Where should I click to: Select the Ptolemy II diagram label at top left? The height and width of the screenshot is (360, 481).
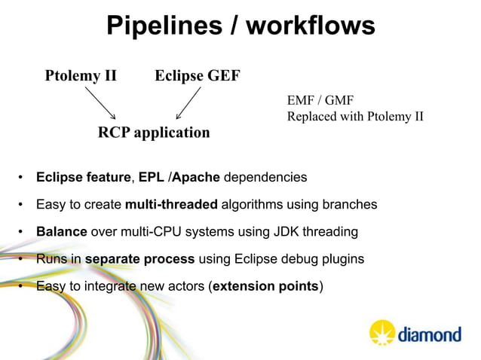pyautogui.click(x=81, y=75)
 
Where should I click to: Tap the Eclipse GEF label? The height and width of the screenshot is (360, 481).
pyautogui.click(x=197, y=75)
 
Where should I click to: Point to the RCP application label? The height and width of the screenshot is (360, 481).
pyautogui.click(x=154, y=133)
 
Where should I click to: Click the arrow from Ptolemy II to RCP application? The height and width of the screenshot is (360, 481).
pyautogui.click(x=100, y=102)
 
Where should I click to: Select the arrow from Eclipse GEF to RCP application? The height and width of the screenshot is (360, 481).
pyautogui.click(x=188, y=102)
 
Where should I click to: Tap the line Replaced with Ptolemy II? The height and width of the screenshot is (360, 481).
pyautogui.click(x=355, y=117)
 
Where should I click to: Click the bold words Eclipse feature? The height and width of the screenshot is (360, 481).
pyautogui.click(x=83, y=178)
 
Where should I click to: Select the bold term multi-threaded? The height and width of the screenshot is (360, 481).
pyautogui.click(x=172, y=205)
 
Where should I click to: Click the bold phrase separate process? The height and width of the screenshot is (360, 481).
pyautogui.click(x=140, y=259)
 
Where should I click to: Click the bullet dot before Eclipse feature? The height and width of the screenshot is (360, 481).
pyautogui.click(x=20, y=178)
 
